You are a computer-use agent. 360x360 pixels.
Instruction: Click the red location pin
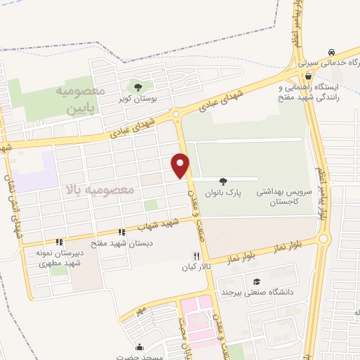(x=181, y=165)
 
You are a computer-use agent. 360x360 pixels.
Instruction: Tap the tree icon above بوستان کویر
(x=138, y=87)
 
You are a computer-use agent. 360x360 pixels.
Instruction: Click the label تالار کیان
(x=198, y=267)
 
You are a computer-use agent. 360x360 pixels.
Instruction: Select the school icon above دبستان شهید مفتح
(x=122, y=232)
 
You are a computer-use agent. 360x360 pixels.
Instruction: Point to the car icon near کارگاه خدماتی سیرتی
(x=330, y=53)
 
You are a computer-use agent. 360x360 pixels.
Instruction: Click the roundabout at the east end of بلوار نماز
(x=323, y=239)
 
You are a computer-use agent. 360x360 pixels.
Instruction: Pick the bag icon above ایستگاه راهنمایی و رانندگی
(x=307, y=77)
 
